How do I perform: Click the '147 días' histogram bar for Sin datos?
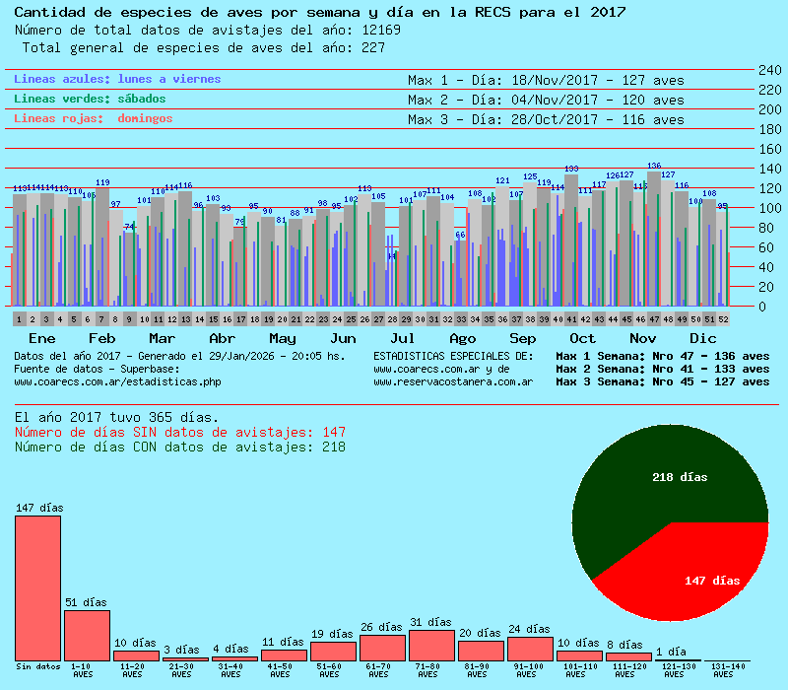[x=37, y=587]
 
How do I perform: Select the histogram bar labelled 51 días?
[x=87, y=635]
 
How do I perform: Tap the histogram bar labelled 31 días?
[x=431, y=645]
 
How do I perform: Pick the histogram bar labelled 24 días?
[x=530, y=649]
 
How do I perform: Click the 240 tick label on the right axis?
[x=769, y=70]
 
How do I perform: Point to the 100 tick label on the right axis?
[x=769, y=208]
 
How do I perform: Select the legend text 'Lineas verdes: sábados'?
[x=90, y=99]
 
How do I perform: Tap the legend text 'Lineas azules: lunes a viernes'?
[x=117, y=79]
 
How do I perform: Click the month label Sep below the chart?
[x=523, y=338]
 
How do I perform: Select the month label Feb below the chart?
[x=102, y=338]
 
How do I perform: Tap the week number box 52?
[x=724, y=319]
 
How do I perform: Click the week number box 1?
[x=20, y=319]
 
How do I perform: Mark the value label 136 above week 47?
[x=654, y=166]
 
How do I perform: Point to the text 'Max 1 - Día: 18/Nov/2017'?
[x=502, y=80]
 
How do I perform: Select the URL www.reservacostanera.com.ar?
[x=453, y=381]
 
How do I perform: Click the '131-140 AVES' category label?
[x=723, y=670]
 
